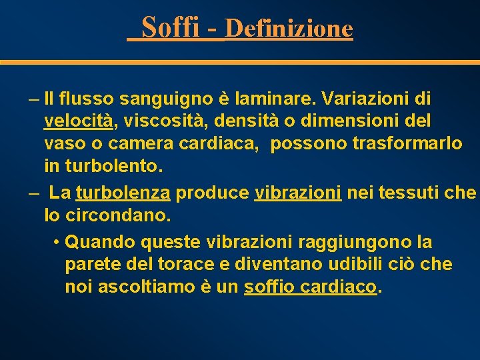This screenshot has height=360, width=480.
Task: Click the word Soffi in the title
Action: coord(171,27)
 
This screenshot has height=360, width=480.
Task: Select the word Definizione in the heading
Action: coord(289,29)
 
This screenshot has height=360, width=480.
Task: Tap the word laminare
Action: coord(277,99)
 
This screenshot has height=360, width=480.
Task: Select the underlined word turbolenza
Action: coord(123,193)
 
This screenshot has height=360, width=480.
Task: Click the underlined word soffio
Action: coord(271,287)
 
